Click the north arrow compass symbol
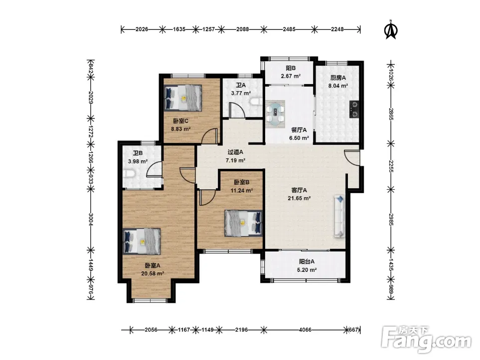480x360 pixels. (x=391, y=30)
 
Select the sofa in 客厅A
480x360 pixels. (x=340, y=216)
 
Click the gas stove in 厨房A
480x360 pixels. (x=354, y=110)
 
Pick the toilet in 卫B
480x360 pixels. (x=130, y=174)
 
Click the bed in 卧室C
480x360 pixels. (x=183, y=98)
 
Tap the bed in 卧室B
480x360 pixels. (x=243, y=223)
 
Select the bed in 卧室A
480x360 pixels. (x=142, y=241)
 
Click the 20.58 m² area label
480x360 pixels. (x=153, y=273)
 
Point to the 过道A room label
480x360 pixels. (x=235, y=152)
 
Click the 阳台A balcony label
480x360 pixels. (x=307, y=261)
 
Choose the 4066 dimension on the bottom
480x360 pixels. (x=305, y=330)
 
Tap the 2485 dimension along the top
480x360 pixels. (x=289, y=29)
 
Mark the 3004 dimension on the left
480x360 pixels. (x=90, y=219)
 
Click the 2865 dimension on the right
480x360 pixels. (x=391, y=114)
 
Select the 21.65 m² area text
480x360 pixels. (x=299, y=198)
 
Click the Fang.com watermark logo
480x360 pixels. (x=426, y=340)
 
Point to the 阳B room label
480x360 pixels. (x=291, y=68)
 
